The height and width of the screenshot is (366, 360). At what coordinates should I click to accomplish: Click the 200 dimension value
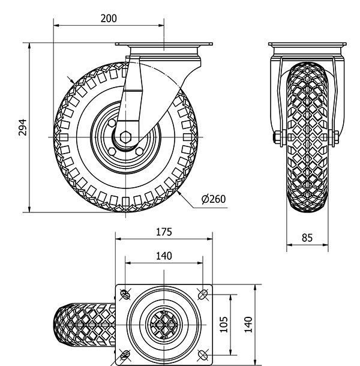109,18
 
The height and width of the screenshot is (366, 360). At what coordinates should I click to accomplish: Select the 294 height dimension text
23,127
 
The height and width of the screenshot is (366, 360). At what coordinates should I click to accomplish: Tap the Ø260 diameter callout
213,199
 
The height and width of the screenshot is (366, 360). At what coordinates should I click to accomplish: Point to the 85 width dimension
307,237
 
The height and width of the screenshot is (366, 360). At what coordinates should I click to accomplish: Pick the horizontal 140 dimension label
163,256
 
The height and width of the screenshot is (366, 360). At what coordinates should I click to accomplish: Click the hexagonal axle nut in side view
126,136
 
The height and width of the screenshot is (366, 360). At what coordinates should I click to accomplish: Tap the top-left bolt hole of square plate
126,293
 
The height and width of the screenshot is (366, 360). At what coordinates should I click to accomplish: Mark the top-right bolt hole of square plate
202,293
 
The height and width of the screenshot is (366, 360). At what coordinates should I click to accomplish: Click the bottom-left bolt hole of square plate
126,355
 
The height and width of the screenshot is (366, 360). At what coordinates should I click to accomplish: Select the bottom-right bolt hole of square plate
202,355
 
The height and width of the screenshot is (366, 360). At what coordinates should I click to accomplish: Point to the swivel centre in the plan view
164,325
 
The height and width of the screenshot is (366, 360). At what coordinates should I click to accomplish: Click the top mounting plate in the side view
163,47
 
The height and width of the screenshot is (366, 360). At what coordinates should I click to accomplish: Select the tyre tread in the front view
307,138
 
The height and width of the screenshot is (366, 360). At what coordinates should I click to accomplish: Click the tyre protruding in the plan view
84,325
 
